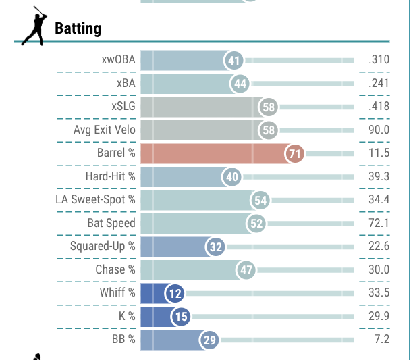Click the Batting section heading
[78, 28]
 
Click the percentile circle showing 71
[294, 153]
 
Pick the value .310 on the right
[379, 60]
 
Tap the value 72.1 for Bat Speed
[379, 223]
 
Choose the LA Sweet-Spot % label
[95, 200]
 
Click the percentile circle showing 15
[181, 316]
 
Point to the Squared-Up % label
[103, 247]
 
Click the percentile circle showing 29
[209, 340]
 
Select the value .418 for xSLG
[379, 107]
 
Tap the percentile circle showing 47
[246, 270]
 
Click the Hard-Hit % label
[110, 176]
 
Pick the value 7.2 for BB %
[381, 340]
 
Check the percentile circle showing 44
[240, 83]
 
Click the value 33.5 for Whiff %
[379, 293]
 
